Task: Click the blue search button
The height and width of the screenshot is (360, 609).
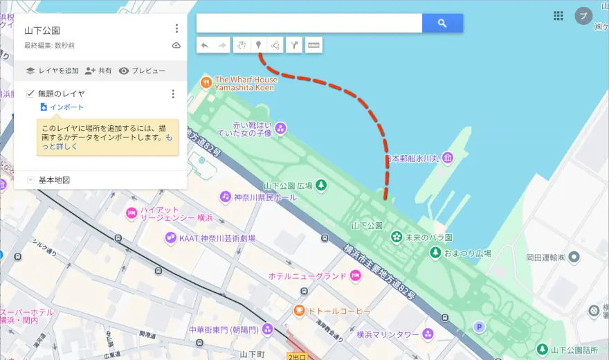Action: pos(442,24)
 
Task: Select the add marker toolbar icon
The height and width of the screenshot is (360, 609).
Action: pos(259,46)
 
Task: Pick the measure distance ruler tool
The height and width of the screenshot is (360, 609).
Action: pos(313,46)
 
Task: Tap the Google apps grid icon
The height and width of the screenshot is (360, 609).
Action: pos(558,16)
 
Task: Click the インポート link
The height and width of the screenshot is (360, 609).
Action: pos(66,107)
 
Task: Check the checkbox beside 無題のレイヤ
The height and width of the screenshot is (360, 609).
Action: pos(30,93)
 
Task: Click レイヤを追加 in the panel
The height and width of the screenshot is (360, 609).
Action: pos(52,71)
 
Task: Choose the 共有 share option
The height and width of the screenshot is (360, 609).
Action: pos(98,71)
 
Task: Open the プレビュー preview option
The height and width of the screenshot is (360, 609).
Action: pos(143,71)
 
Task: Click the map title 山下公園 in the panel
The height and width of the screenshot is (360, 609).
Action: pos(42,30)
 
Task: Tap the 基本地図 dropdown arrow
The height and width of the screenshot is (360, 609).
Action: pos(30,180)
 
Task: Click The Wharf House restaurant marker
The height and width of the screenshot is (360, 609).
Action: pos(206,83)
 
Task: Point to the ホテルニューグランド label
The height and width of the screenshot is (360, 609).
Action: pos(307,276)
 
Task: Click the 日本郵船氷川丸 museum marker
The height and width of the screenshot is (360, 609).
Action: pos(448,159)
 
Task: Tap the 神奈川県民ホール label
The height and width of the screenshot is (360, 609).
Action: pos(265,197)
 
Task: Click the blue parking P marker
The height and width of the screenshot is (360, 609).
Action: pos(478,326)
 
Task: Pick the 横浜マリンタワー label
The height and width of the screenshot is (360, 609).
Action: pos(388,334)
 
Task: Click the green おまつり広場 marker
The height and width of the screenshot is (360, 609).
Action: pos(435,253)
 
